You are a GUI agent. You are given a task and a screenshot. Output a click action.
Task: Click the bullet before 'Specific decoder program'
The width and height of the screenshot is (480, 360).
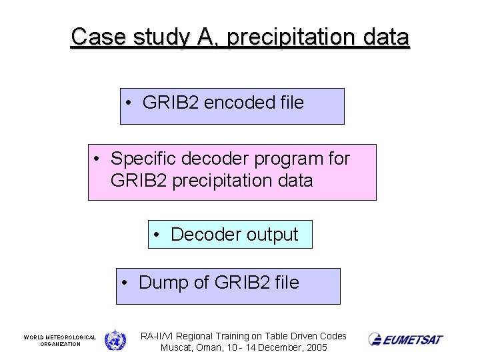[x=97, y=159]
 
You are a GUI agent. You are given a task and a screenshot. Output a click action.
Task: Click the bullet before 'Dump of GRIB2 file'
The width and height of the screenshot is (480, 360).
[x=125, y=283]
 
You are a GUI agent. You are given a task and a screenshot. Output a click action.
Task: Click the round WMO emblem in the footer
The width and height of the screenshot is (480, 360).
[x=115, y=340]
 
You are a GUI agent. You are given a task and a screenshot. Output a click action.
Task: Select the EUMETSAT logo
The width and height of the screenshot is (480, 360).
[x=405, y=339]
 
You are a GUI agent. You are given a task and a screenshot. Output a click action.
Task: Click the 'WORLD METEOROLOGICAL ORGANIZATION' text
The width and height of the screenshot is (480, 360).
[x=60, y=341]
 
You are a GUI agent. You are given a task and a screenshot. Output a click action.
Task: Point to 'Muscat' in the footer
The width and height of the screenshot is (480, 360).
[x=176, y=348]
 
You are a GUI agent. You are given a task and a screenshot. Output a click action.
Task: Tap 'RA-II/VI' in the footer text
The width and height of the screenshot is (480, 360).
[x=159, y=336]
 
